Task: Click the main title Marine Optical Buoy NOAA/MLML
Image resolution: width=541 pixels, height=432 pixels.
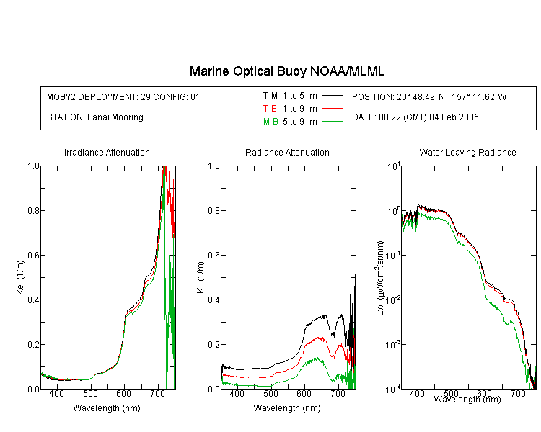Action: point(287,71)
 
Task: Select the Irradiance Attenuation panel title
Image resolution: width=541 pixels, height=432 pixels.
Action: point(107,153)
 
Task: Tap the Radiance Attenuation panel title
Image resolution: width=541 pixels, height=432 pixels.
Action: point(287,153)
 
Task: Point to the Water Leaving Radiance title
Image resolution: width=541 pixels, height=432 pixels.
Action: point(467,153)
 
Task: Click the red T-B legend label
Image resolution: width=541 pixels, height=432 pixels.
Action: point(270,109)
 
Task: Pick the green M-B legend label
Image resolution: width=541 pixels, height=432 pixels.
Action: point(270,122)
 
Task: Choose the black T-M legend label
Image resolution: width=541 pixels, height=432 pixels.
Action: point(270,96)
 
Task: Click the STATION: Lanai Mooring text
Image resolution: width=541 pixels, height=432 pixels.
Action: point(95,117)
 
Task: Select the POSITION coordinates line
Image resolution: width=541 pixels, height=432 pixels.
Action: point(429,97)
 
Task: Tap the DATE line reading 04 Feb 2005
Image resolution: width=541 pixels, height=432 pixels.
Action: point(415,117)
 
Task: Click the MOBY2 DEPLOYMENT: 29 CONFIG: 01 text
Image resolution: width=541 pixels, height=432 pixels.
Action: point(123,97)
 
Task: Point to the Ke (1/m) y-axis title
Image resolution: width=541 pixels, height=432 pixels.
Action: point(20,277)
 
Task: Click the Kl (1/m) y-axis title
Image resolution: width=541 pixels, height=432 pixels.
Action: point(201,278)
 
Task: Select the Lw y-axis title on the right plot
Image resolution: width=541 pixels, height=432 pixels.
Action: point(380,278)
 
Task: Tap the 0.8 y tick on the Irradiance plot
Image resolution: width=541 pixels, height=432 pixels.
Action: point(33,210)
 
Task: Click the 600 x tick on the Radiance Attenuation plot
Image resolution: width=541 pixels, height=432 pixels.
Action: point(304,393)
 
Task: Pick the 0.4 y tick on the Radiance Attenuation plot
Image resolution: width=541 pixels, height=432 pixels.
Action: point(214,300)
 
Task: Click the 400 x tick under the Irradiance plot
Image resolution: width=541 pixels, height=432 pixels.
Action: point(57,393)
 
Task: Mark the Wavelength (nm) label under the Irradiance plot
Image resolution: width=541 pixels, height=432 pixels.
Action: point(107,408)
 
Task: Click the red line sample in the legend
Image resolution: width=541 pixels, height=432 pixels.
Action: point(333,109)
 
